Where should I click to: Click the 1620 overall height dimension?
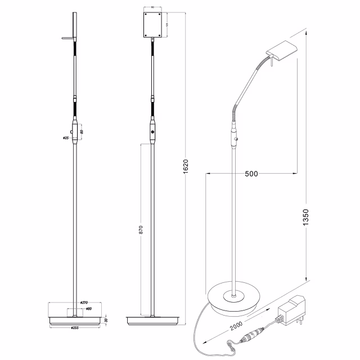point(186,164)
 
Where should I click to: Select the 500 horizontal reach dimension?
point(251,174)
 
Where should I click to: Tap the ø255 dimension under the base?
point(74,327)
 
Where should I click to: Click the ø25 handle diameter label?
point(66,137)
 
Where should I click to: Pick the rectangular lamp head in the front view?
point(152,25)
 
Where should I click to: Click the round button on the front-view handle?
point(152,132)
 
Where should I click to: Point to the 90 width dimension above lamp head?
point(152,8)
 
